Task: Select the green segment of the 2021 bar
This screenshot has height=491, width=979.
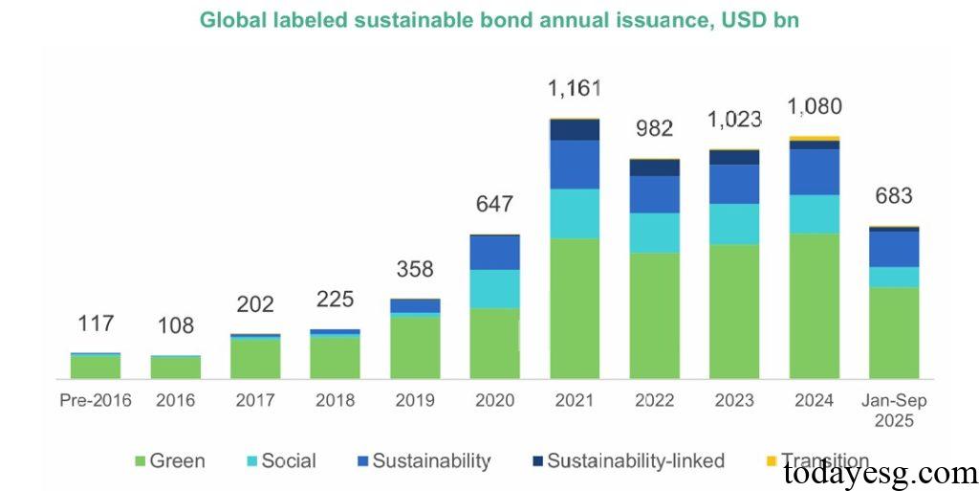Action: pos(574,308)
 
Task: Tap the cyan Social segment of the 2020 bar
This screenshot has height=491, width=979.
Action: pos(494,289)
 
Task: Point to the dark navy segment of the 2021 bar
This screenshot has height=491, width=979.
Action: pos(574,130)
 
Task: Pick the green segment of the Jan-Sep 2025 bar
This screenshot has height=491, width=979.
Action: pos(893,333)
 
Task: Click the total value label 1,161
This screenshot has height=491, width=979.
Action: pos(574,89)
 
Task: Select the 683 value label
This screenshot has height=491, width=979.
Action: pos(893,196)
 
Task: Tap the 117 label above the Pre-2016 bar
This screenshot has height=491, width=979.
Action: pos(95,324)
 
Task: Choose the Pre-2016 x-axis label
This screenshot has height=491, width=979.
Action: pos(95,399)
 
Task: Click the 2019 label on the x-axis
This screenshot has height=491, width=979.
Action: pos(414,399)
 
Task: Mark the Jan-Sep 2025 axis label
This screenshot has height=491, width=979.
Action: pos(893,410)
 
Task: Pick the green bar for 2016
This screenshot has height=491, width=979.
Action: pos(175,368)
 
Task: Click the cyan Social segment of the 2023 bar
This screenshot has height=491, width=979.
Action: pos(733,224)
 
